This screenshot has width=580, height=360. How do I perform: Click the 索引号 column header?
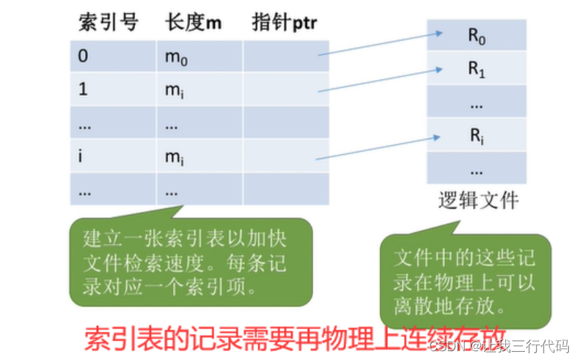108,23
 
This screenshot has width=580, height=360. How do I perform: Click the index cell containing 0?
113,56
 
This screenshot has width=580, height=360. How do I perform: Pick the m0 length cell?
199,56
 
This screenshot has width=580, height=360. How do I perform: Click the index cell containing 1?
113,89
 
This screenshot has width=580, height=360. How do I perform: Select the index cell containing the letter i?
113,155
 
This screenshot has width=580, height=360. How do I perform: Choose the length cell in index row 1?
199,89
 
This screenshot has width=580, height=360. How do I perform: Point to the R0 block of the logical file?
477,34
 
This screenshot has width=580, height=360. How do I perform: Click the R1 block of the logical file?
477,69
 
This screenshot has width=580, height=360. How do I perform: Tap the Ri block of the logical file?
477,136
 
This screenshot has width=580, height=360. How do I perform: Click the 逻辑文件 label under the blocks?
478,200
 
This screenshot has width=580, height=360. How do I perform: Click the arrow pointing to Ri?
378,147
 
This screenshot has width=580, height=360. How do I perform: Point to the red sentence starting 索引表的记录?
293,339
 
